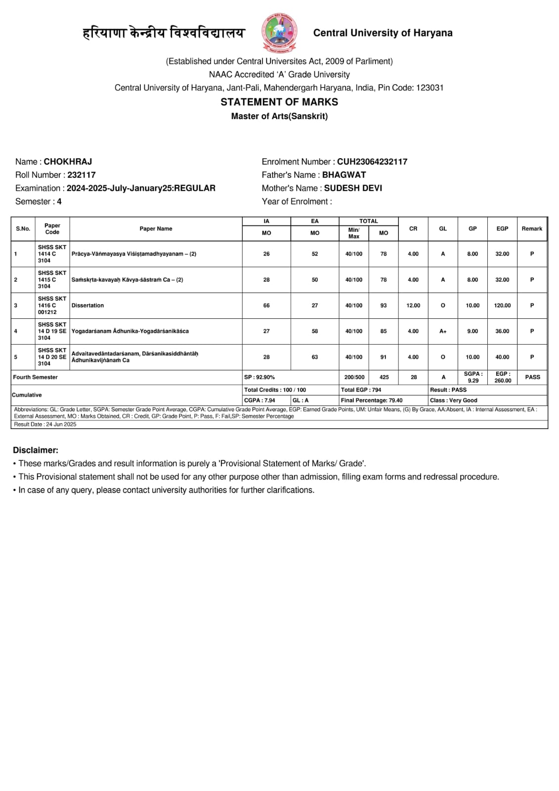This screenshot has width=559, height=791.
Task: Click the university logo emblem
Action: tap(279, 33)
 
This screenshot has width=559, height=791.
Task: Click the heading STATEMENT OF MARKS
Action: tap(279, 102)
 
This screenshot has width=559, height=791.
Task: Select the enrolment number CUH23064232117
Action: tap(372, 162)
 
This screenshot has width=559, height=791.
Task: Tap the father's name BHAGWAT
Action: tap(344, 175)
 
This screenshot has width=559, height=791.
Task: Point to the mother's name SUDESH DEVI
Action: tap(353, 188)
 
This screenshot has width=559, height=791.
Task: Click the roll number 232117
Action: tap(82, 175)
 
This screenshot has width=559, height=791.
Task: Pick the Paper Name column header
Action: tap(156, 229)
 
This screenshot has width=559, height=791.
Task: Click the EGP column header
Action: tap(502, 229)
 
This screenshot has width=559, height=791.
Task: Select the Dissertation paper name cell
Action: tap(87, 306)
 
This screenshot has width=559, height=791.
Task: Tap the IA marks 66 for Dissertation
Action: tap(266, 306)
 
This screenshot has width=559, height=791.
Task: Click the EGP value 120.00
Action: tap(502, 306)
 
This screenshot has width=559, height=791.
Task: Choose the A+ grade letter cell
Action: tap(443, 331)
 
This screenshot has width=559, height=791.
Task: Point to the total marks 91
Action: tap(384, 357)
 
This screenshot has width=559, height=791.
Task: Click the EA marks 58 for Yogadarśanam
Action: tap(315, 331)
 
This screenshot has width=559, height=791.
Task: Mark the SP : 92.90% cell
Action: tap(259, 377)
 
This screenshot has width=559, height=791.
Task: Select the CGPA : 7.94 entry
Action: tap(259, 400)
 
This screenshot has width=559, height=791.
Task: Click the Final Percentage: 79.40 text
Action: tap(372, 400)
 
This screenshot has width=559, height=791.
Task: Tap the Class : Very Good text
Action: tap(454, 400)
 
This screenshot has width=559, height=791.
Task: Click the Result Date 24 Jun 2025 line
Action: tap(45, 424)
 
